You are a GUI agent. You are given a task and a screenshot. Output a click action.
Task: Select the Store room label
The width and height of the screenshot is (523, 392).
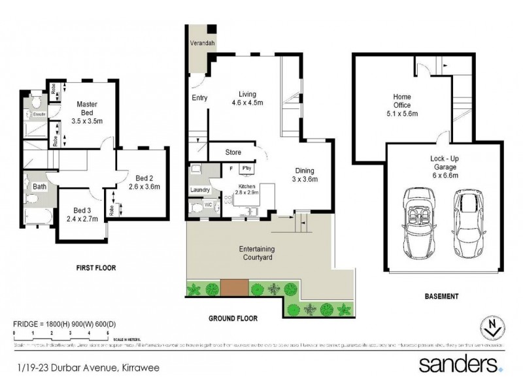(x=233, y=152)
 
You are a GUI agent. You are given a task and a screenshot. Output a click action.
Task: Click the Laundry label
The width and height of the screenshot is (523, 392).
(x=199, y=190)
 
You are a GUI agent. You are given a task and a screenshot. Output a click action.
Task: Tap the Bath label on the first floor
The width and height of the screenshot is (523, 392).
(x=40, y=187)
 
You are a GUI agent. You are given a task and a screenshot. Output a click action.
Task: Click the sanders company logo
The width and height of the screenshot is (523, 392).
(x=460, y=363)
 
